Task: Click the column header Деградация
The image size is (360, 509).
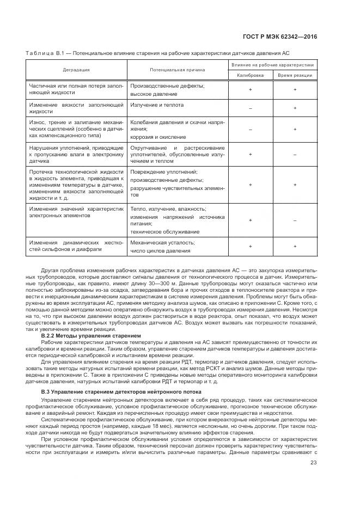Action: tap(76, 70)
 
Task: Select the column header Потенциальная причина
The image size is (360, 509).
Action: tap(178, 70)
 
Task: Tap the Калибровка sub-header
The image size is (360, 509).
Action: tap(251, 75)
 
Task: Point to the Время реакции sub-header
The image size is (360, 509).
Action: tap(295, 75)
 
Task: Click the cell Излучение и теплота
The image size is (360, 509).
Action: tap(157, 105)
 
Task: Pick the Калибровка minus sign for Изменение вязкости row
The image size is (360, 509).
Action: tap(251, 108)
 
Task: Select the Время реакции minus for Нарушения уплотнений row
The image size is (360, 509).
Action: tap(295, 154)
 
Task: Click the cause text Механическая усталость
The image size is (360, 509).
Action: tap(162, 242)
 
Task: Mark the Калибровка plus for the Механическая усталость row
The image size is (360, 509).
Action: tap(251, 247)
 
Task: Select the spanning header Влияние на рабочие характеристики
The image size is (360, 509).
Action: tap(273, 65)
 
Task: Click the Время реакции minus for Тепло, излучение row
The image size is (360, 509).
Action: tap(295, 220)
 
